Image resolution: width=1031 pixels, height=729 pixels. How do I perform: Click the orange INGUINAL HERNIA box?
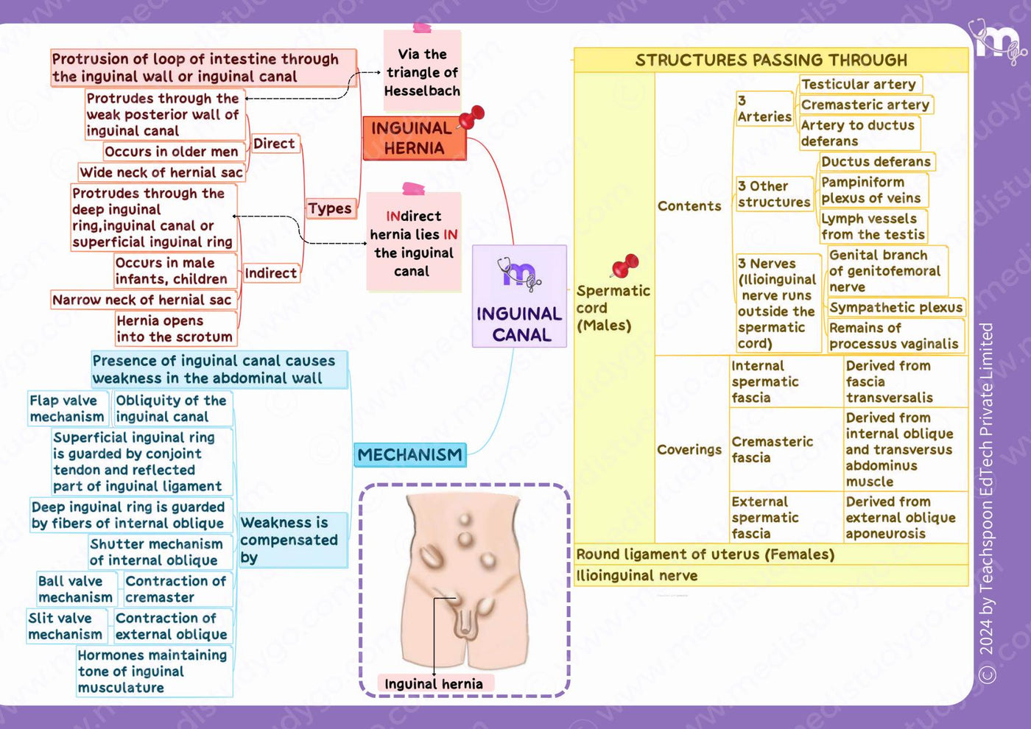pyautogui.click(x=414, y=138)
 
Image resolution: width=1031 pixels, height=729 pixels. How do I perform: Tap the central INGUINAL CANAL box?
pyautogui.click(x=519, y=296)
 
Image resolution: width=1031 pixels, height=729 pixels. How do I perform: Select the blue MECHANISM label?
pyautogui.click(x=409, y=455)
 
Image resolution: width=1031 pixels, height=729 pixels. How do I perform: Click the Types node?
pyautogui.click(x=330, y=208)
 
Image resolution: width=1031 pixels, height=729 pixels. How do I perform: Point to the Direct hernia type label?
pyautogui.click(x=274, y=144)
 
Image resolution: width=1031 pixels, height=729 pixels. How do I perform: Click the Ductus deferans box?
pyautogui.click(x=876, y=161)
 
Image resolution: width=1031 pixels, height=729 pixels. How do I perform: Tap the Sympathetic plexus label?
pyautogui.click(x=895, y=308)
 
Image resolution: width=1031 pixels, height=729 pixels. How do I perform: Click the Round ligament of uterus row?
pyautogui.click(x=771, y=554)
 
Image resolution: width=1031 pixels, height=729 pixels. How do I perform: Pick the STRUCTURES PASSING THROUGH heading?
pyautogui.click(x=771, y=60)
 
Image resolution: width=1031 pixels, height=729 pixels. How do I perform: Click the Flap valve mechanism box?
pyautogui.click(x=67, y=408)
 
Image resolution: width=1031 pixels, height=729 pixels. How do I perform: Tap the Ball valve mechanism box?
pyautogui.click(x=76, y=589)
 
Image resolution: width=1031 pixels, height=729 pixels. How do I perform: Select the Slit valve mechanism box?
pyautogui.click(x=66, y=626)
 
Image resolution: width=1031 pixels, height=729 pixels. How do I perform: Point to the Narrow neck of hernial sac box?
pyautogui.click(x=143, y=300)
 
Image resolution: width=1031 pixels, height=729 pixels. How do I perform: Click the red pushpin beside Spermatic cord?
pyautogui.click(x=625, y=266)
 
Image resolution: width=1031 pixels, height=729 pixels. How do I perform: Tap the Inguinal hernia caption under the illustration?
pyautogui.click(x=434, y=683)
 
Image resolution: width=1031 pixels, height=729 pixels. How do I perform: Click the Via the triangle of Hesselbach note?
pyautogui.click(x=422, y=71)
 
